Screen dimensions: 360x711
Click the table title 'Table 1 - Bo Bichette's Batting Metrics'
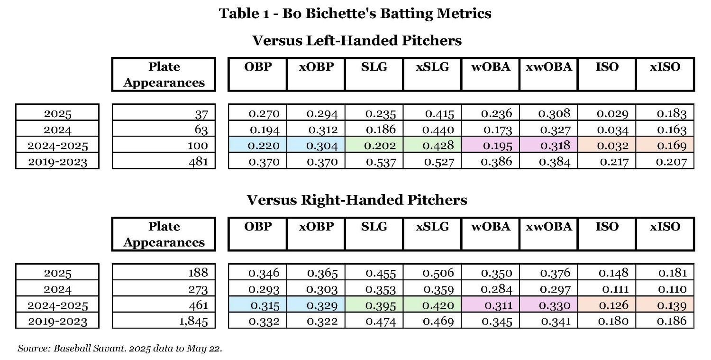355,13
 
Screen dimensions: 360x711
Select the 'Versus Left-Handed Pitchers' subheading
356,40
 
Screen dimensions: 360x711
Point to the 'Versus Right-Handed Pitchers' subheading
356,200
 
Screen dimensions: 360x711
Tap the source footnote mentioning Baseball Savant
120,349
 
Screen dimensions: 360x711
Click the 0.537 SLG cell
374,162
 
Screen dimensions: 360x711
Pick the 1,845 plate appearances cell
164,321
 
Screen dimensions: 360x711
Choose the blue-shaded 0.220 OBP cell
257,146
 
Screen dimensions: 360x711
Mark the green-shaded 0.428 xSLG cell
432,146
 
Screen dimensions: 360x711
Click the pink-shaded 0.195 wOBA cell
491,146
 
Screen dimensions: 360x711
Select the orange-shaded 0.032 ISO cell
607,146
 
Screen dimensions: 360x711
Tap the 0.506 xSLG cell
432,273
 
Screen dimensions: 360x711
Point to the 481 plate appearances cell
164,162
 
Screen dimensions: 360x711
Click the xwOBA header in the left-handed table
549,67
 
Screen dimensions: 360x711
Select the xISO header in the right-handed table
665,227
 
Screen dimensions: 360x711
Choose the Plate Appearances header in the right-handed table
164,234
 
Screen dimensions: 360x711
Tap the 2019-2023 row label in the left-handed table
57,162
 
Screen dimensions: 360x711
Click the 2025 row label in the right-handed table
57,273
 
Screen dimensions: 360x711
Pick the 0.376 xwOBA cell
549,273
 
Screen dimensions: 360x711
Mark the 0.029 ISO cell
607,113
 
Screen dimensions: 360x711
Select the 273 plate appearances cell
164,289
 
